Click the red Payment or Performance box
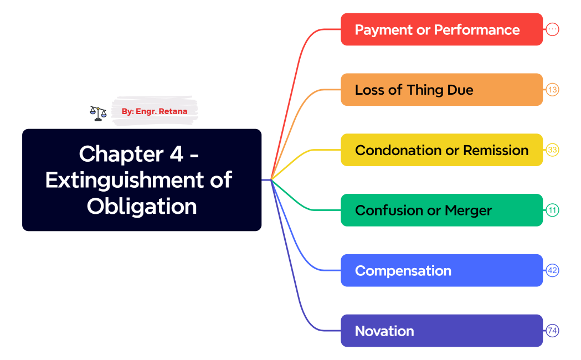(441, 29)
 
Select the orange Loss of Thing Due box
(441, 90)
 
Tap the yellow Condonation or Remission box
(441, 150)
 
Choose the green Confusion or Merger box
(441, 210)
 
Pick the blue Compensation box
(441, 271)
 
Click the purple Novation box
(441, 331)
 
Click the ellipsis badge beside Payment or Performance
(552, 29)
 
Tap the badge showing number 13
(552, 90)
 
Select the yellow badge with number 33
(552, 150)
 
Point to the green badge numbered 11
(552, 210)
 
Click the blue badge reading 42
(552, 271)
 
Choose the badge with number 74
(552, 331)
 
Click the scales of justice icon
(98, 113)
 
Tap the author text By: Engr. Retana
(155, 111)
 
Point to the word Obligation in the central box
(142, 206)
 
